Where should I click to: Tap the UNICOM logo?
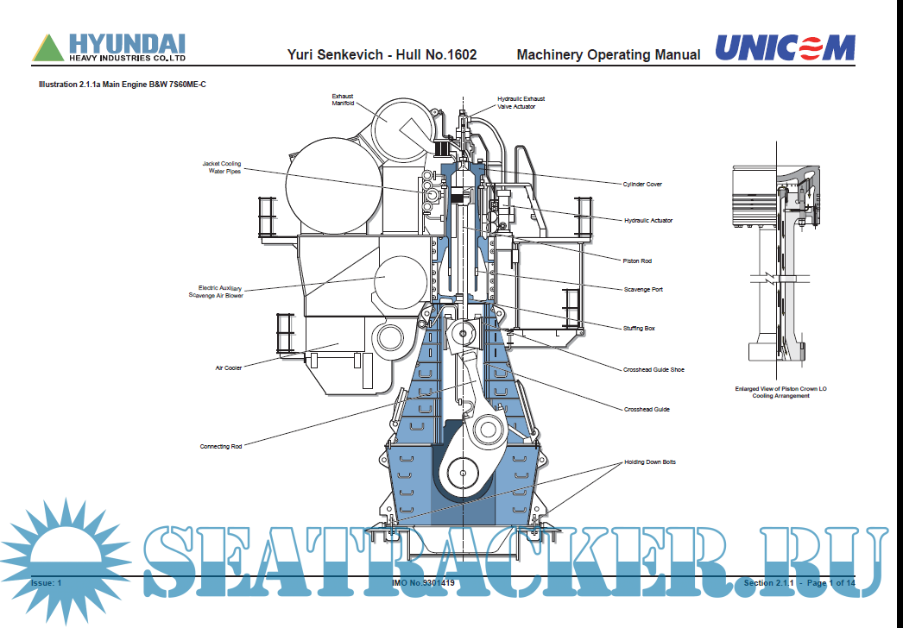[785, 48]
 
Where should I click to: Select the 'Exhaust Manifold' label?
[343, 99]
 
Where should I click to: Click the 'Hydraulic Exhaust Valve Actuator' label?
[521, 103]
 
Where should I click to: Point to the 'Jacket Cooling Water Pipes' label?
[222, 167]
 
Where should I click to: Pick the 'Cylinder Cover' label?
[642, 184]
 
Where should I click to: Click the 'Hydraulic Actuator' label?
[647, 220]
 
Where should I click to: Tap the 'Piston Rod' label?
[637, 261]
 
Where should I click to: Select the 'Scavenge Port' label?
[643, 289]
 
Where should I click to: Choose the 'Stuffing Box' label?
[640, 329]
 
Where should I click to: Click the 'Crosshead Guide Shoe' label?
[654, 369]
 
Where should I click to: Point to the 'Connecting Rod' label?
[221, 447]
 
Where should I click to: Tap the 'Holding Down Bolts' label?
[649, 462]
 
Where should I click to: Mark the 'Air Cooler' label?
[229, 367]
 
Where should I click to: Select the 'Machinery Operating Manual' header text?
[608, 55]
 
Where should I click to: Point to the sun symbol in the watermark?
[63, 553]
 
